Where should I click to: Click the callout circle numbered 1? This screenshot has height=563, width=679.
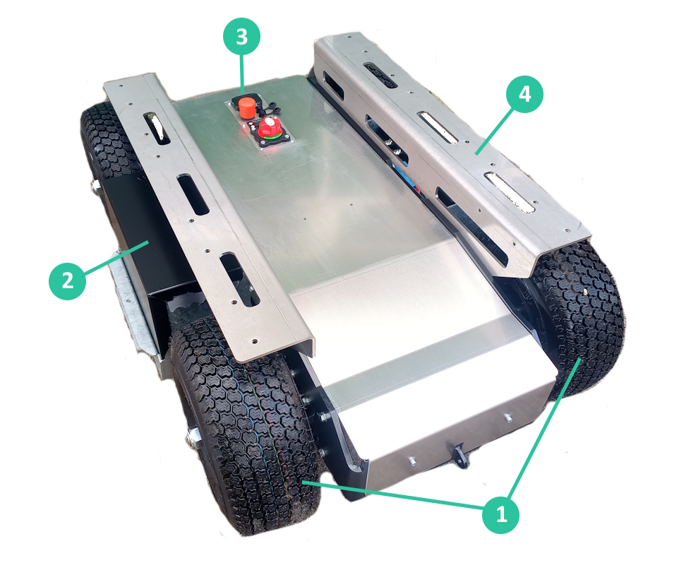point(501,514)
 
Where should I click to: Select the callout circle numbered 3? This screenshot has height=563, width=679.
point(241,37)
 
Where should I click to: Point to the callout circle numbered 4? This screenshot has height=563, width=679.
point(524,94)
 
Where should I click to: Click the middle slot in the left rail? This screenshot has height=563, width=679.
point(193,194)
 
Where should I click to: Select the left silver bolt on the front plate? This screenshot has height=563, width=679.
point(412,462)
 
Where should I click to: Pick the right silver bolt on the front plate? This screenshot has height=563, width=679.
point(507,418)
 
